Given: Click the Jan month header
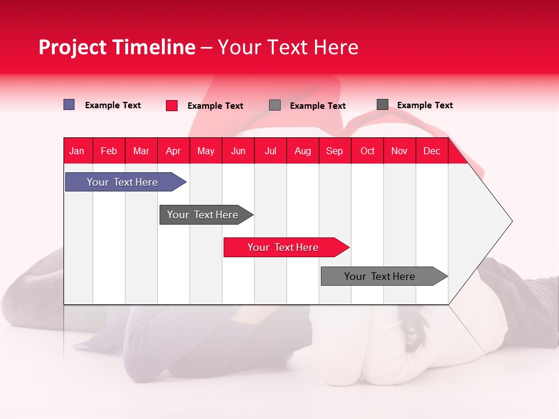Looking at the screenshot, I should point(77,151).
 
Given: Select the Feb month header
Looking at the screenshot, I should point(109,151).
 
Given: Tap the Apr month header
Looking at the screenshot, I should point(173,151).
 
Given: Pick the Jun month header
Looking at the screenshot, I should point(238,151).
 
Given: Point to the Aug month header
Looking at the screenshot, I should point(302,151).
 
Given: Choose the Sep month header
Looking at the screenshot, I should point(334,151).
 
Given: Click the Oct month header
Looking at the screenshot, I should point(367,151).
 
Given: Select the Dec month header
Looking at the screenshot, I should point(431,151).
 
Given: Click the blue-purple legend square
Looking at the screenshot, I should point(69,105).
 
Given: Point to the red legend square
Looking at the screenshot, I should point(172,105).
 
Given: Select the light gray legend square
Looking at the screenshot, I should point(275,105).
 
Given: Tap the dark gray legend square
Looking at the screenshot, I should point(383,105).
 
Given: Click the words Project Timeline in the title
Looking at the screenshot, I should point(116,47).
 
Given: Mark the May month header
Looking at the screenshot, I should point(206,151).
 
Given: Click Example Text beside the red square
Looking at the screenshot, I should point(215,106).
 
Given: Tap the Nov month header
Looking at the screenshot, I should point(399,151).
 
